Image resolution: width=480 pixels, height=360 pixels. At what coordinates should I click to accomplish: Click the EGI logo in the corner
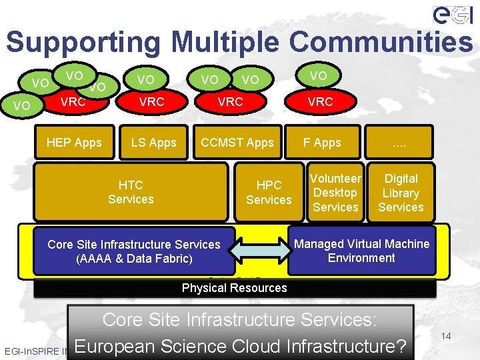click(x=454, y=15)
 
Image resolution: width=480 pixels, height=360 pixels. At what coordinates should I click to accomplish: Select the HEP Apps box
click(x=74, y=142)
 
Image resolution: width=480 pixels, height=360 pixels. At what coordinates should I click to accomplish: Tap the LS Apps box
click(x=153, y=142)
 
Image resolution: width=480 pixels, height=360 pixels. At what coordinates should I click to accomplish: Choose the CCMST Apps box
click(x=237, y=142)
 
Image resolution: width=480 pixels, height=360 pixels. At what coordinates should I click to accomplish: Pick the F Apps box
click(x=322, y=142)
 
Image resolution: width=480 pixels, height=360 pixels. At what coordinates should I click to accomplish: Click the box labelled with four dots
click(x=400, y=142)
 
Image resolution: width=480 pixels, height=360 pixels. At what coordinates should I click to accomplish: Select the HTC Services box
click(x=131, y=192)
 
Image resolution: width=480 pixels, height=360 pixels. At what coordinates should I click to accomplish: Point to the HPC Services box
click(x=269, y=192)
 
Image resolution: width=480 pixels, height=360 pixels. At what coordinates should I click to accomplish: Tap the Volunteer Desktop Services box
click(x=335, y=193)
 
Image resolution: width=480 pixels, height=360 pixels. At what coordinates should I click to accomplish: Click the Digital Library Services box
click(x=401, y=193)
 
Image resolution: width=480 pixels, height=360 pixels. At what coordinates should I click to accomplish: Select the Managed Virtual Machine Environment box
click(x=362, y=251)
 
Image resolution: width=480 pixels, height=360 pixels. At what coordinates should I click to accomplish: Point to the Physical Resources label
click(x=235, y=288)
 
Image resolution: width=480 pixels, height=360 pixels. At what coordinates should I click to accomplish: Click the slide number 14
click(x=446, y=336)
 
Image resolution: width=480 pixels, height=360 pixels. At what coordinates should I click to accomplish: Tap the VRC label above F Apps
click(x=320, y=102)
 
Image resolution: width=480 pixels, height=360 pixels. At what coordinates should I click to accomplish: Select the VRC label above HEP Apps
click(x=73, y=102)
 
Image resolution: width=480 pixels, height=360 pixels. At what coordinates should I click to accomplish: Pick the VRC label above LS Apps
click(x=151, y=102)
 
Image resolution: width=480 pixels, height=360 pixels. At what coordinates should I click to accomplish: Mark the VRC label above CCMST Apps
click(x=231, y=102)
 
